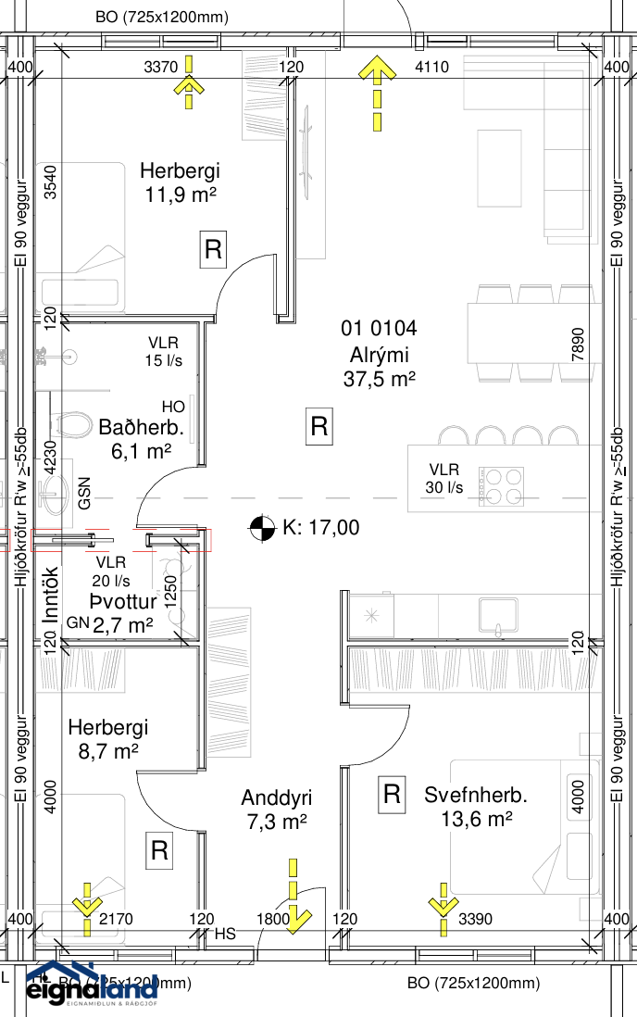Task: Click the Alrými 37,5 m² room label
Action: [380, 354]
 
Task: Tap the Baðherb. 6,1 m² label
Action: [142, 440]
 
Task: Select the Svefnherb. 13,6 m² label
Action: [468, 807]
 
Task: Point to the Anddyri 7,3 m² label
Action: [276, 809]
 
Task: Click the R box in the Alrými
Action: [318, 427]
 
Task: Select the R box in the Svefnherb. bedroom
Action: [392, 794]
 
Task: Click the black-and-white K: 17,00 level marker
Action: [262, 528]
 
